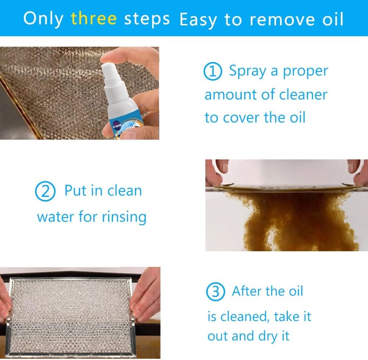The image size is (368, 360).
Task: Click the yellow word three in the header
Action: (94, 18)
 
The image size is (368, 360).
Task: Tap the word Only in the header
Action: (43, 18)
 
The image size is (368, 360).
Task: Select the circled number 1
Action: (213, 71)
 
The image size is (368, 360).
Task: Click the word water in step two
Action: (56, 217)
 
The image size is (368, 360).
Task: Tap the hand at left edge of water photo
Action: (213, 171)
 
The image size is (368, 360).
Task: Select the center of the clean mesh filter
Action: (70, 313)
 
